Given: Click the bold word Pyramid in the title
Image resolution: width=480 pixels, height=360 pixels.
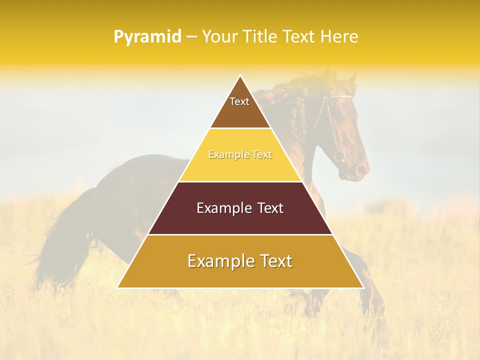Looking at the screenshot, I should [x=147, y=36].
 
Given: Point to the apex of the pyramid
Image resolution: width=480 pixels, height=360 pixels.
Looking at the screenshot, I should [x=240, y=76].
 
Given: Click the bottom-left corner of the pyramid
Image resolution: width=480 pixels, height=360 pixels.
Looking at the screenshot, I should [x=118, y=287].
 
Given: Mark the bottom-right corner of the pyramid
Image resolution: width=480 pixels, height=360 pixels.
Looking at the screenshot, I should [x=362, y=287].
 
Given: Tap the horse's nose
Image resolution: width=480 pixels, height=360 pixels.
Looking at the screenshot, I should [x=361, y=172].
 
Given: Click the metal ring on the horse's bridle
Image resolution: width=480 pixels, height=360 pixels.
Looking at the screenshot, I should [x=339, y=156].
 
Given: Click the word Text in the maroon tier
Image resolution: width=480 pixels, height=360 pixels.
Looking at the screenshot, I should [x=269, y=208].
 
